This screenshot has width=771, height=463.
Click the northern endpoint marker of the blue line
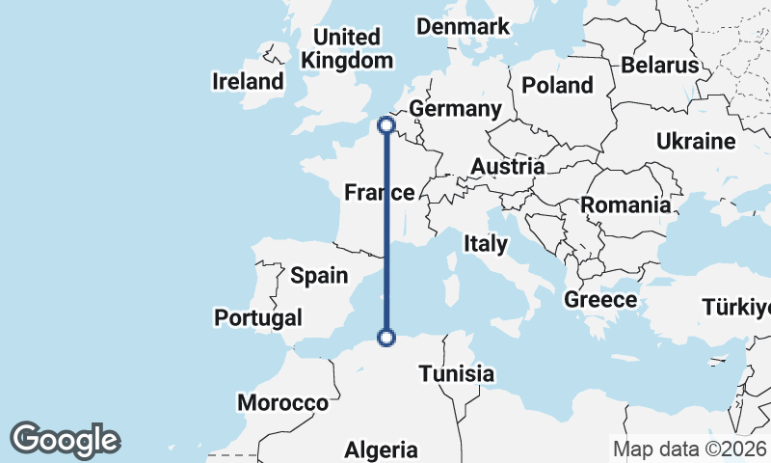pos(386,124)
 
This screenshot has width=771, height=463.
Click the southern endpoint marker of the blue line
pos(386,337)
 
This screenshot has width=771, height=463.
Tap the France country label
pos(379,193)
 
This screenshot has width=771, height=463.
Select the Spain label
pos(319,276)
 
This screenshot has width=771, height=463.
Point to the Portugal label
pos(258,317)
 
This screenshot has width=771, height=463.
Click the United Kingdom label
pos(347,48)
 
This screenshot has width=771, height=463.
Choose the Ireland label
pos(248,82)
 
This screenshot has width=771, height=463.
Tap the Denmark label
pos(463,27)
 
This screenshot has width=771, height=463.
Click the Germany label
pos(455,109)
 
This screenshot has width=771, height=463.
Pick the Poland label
pos(557,85)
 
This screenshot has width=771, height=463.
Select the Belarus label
pos(659,66)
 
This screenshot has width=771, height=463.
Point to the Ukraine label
pos(696,142)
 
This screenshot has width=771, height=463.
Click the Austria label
pos(507,167)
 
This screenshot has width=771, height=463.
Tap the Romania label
pos(625,204)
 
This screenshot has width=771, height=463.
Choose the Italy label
pos(485,244)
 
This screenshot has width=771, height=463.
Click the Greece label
pos(600,299)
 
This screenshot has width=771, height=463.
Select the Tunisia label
pos(458,373)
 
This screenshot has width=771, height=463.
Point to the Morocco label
pos(282,403)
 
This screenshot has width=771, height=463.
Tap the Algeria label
pos(382,449)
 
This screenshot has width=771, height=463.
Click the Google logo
pos(65,440)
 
